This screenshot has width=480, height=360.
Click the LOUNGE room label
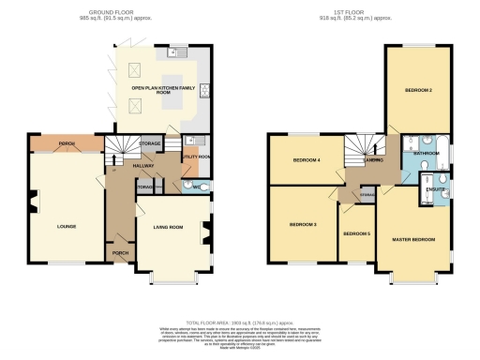coord(66,226)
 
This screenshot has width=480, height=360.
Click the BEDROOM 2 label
coord(417,90)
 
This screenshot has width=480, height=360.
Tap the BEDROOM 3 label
coord(303,225)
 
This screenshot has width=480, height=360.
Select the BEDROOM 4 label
coord(306,160)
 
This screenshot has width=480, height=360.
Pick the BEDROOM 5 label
coord(356,233)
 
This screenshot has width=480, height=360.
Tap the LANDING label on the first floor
coord(372,160)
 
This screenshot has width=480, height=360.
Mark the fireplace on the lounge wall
coord(35,200)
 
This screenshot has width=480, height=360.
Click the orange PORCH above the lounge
coord(66,143)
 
